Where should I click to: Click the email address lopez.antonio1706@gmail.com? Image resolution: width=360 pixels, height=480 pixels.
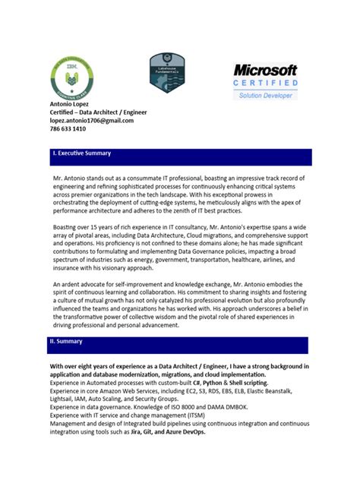pyautogui.click(x=92, y=121)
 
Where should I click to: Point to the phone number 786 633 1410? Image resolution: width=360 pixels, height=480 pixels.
pyautogui.click(x=68, y=129)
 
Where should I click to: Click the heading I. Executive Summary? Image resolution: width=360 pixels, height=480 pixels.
pyautogui.click(x=81, y=153)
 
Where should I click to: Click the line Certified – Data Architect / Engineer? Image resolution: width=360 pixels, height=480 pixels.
pyautogui.click(x=99, y=112)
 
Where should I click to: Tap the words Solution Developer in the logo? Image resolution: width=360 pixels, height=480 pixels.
pyautogui.click(x=265, y=96)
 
